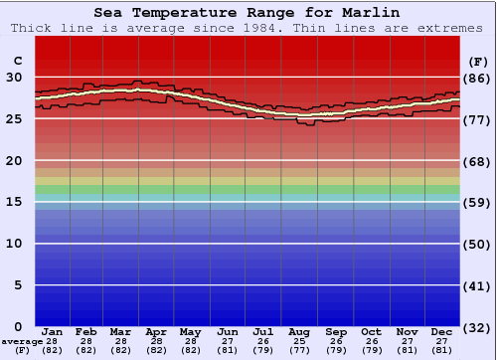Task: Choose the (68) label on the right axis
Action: [x=478, y=160]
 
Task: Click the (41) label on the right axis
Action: [x=478, y=285]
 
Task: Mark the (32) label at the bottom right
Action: [x=478, y=327]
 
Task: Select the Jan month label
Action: [x=53, y=331]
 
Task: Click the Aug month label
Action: [x=299, y=331]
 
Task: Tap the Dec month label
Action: [x=442, y=331]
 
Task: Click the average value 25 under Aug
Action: [x=299, y=341]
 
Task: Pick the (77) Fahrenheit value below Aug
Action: [x=299, y=350]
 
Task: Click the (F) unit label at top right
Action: [x=478, y=60]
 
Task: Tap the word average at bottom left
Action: [x=22, y=341]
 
